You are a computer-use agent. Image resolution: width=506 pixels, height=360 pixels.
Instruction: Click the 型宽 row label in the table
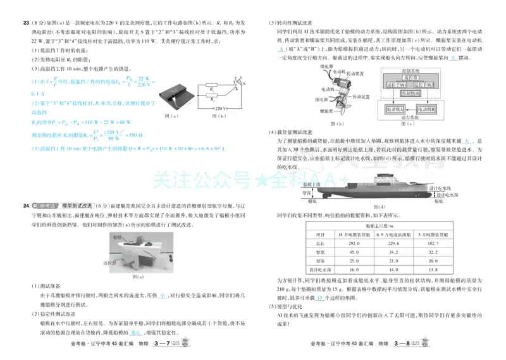tap(320, 251)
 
